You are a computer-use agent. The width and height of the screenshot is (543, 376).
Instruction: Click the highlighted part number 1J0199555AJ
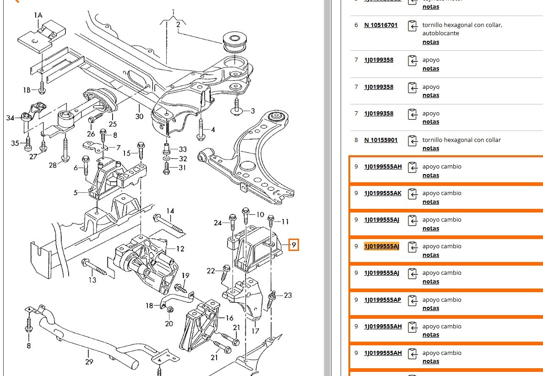tap(381, 246)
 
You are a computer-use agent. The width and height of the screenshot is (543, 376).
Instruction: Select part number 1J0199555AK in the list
tap(382, 193)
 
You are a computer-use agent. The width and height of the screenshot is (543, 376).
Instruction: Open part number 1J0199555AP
tap(382, 300)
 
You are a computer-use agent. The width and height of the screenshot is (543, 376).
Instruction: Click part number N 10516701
tap(380, 25)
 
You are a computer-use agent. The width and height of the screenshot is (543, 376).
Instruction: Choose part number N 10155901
tap(380, 140)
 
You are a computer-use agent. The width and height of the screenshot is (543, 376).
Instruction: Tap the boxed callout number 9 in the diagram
tap(293, 245)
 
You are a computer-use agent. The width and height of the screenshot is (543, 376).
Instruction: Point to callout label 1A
tap(38, 16)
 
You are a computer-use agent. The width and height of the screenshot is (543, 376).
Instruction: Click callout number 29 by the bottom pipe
tap(89, 362)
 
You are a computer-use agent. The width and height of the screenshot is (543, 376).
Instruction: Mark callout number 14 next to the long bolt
tap(170, 211)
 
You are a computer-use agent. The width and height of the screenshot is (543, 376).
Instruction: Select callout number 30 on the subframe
tap(139, 116)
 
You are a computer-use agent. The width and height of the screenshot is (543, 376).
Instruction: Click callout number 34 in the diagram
tap(10, 118)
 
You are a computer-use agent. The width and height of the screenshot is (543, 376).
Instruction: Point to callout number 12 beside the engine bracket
tap(180, 249)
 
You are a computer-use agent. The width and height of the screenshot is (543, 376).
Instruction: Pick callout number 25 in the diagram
tap(113, 124)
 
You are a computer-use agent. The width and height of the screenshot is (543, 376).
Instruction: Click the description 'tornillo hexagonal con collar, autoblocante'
tap(462, 29)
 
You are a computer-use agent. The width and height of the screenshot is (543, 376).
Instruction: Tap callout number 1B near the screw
tap(27, 90)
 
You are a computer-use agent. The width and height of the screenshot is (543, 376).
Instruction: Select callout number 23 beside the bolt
tap(288, 295)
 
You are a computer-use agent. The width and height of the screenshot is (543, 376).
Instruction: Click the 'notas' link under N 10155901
tap(430, 148)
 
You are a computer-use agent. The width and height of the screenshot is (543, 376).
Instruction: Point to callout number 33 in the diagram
tap(183, 149)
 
